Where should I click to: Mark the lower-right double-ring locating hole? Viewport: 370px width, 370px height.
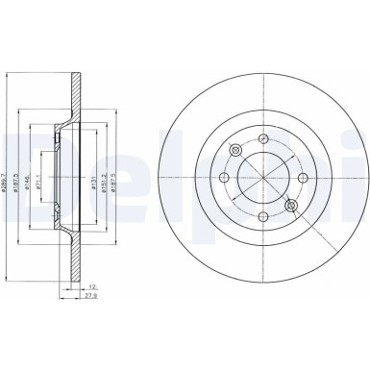pyautogui.click(x=291, y=205)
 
